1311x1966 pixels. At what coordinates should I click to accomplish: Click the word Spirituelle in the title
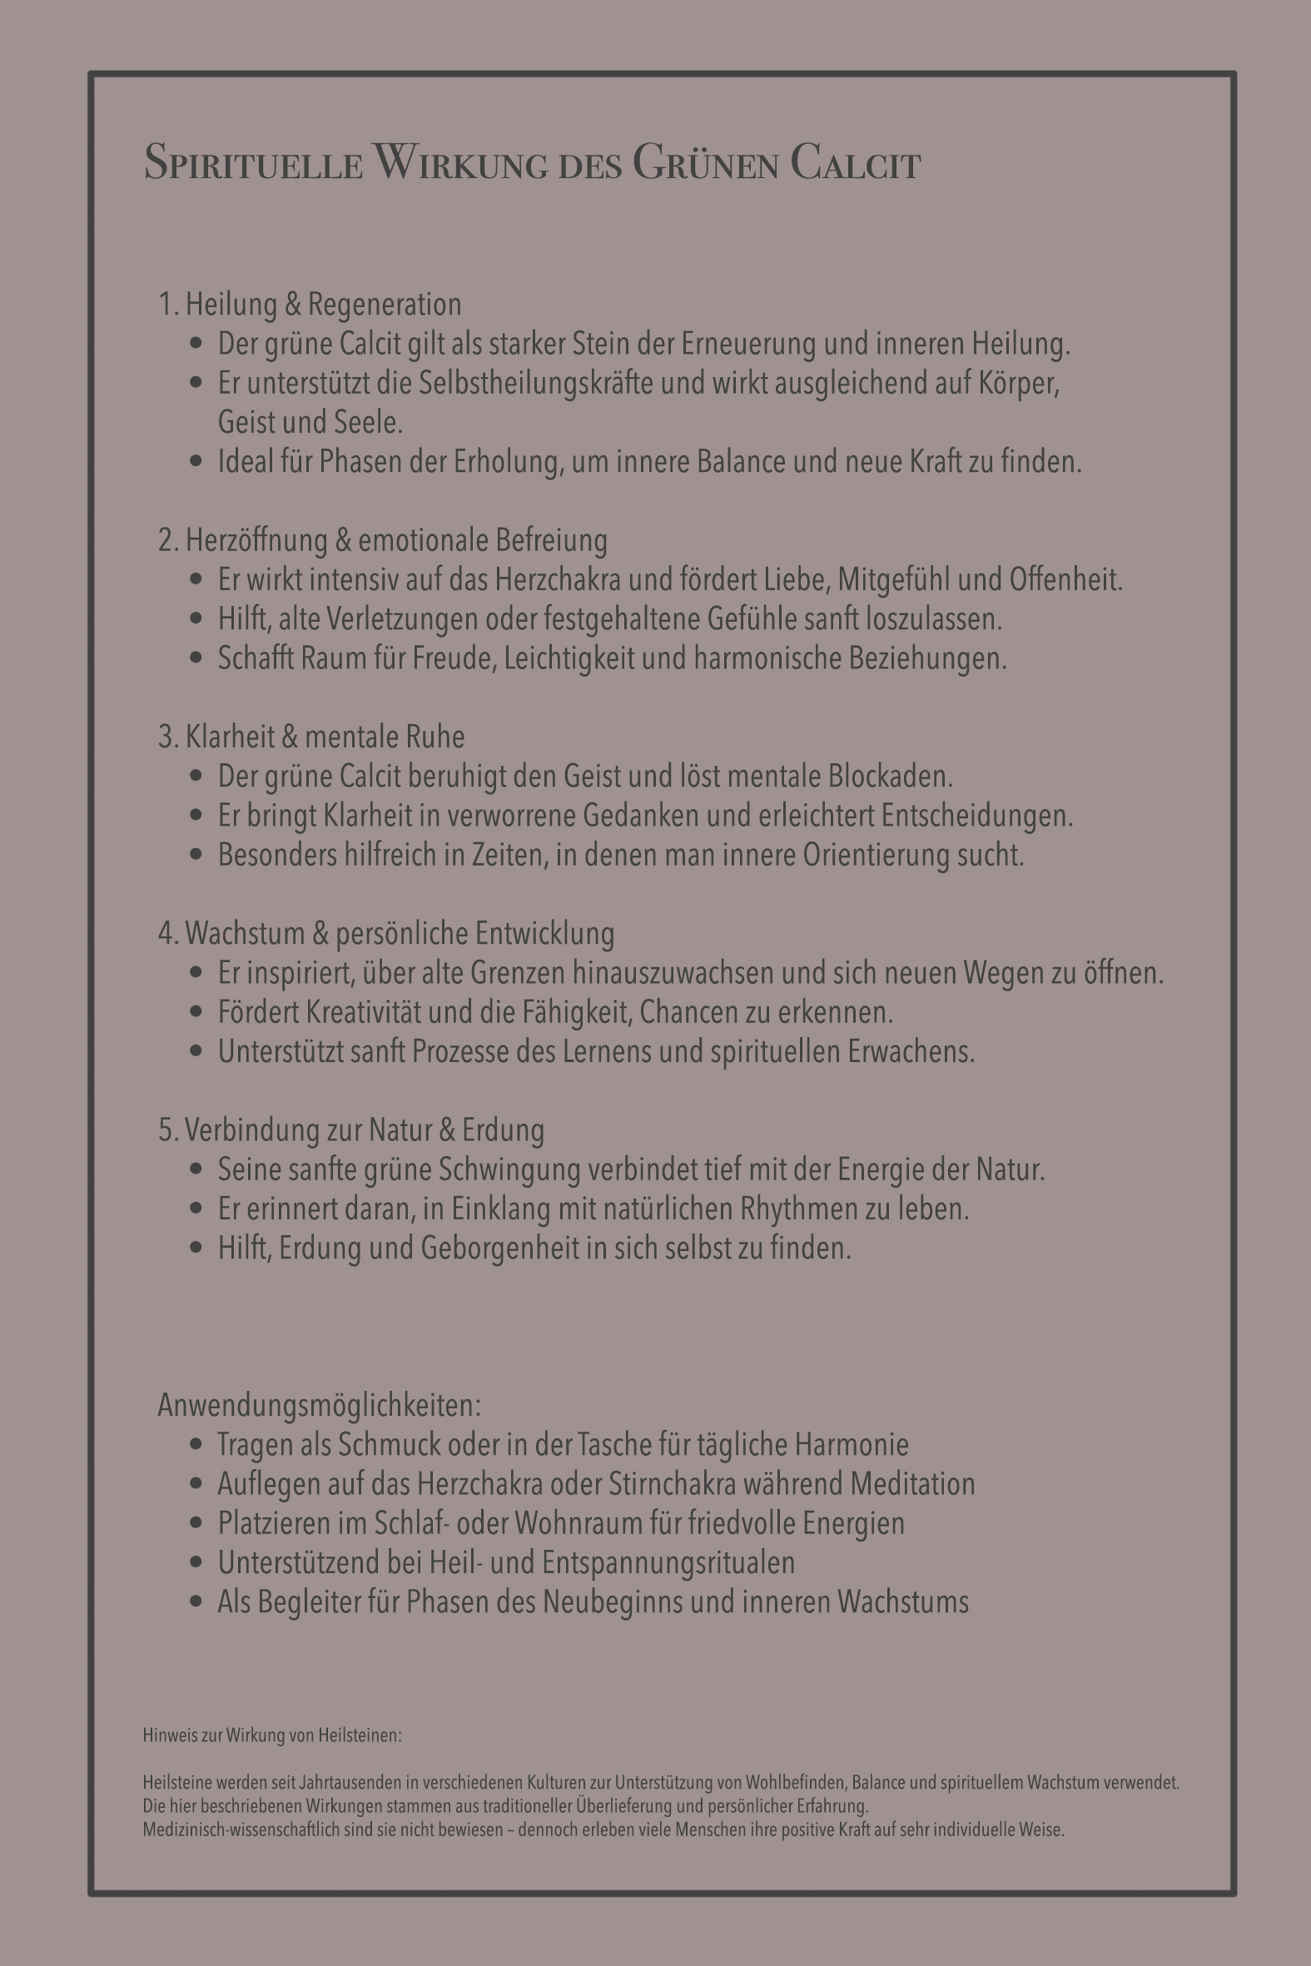253,162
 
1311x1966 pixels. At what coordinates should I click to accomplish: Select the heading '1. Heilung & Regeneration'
310,305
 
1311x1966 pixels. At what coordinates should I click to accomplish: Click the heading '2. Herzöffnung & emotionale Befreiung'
383,540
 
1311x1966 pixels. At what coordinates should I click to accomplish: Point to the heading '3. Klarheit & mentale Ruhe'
311,737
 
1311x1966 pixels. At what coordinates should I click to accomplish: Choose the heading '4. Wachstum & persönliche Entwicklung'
386,933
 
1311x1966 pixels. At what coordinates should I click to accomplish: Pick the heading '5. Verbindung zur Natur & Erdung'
351,1129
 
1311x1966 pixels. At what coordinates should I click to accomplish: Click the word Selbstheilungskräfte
535,383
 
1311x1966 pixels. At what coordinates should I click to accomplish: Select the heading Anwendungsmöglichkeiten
320,1405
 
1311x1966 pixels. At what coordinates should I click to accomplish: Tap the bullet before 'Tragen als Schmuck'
196,1444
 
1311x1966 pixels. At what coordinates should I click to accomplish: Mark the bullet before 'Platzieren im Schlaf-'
196,1523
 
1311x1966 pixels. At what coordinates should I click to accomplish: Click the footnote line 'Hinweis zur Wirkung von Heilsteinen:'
272,1735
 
